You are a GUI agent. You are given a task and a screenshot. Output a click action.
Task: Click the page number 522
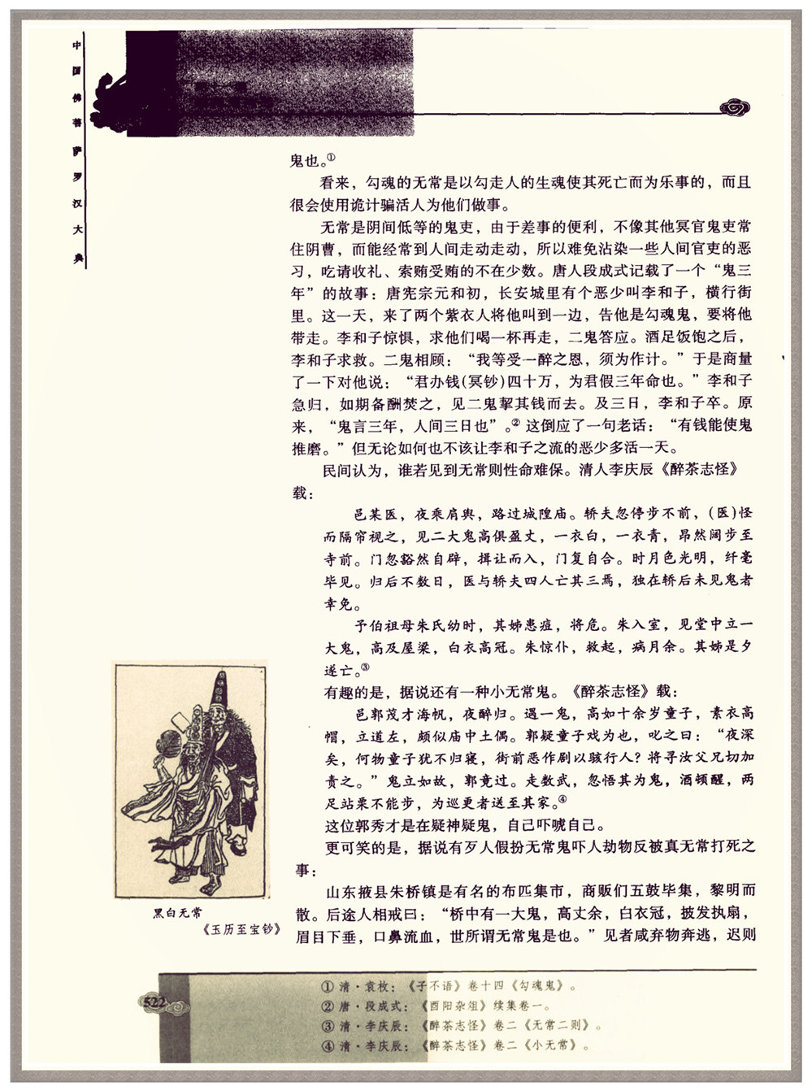(x=154, y=1002)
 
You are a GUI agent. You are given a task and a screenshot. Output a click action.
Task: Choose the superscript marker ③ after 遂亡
(x=365, y=667)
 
